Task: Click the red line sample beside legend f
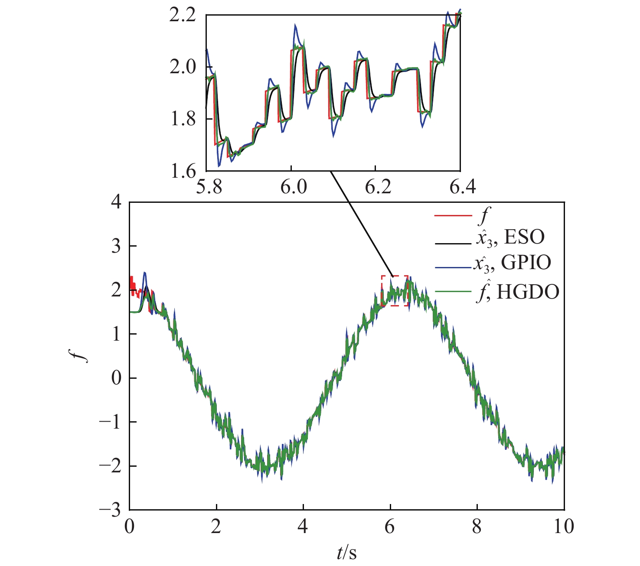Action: point(452,215)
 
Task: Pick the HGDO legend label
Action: point(518,293)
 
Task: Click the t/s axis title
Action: point(347,553)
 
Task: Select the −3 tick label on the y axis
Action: point(110,510)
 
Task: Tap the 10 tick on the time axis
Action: point(564,527)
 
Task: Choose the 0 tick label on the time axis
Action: point(130,527)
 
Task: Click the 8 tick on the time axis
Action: point(477,527)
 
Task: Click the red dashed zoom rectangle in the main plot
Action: point(395,290)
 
